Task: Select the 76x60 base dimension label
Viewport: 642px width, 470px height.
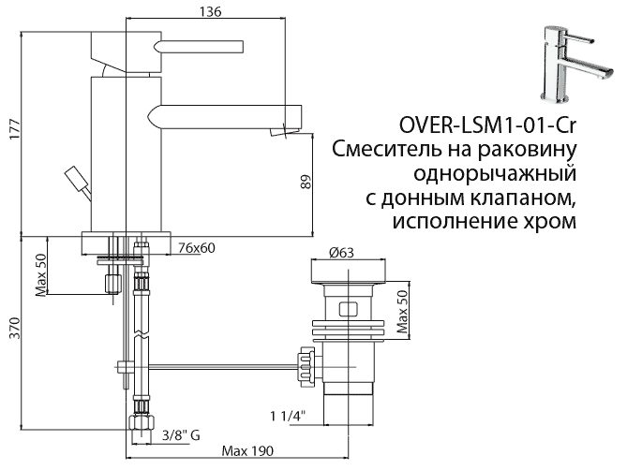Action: tap(197, 247)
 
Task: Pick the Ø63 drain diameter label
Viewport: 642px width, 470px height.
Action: tap(344, 251)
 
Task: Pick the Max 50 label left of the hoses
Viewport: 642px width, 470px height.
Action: tap(42, 273)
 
